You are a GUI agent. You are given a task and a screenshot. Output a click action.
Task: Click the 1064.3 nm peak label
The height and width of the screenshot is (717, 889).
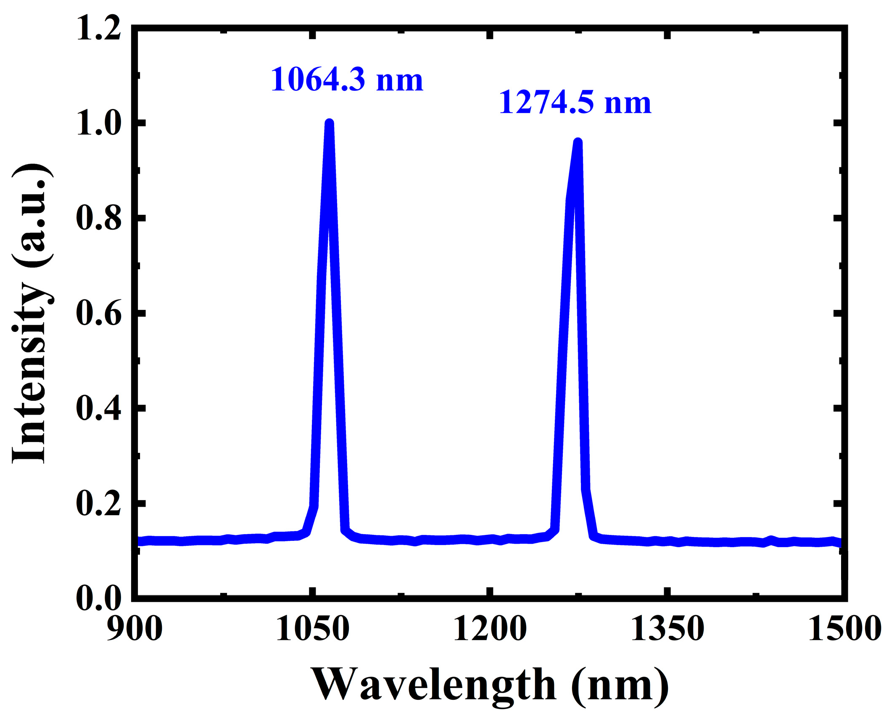tap(347, 79)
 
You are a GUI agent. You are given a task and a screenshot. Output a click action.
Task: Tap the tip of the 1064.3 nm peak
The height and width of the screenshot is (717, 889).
tap(330, 124)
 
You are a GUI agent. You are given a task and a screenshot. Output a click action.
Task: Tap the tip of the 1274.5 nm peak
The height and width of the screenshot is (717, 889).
tap(578, 143)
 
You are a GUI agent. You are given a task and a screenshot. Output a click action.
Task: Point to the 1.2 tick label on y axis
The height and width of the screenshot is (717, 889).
tap(99, 29)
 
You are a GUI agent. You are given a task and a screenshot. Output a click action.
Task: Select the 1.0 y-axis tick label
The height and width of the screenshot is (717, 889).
tap(99, 124)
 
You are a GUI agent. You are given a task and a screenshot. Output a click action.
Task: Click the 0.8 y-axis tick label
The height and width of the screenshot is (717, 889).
tap(99, 218)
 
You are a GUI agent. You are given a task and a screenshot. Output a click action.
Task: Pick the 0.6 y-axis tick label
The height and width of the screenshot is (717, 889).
tap(99, 313)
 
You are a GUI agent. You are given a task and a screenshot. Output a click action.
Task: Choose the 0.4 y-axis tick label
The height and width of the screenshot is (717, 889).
tap(99, 408)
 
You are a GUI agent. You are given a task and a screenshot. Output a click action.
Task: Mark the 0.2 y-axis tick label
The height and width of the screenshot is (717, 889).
tap(99, 503)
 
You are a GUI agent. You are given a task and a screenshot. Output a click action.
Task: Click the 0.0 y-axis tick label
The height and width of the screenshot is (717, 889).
tap(99, 598)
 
